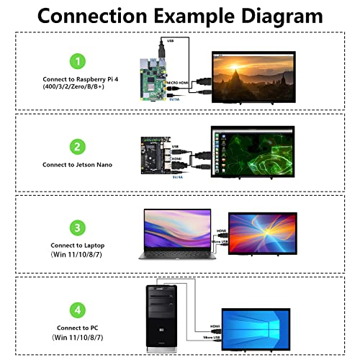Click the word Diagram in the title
point(265,16)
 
